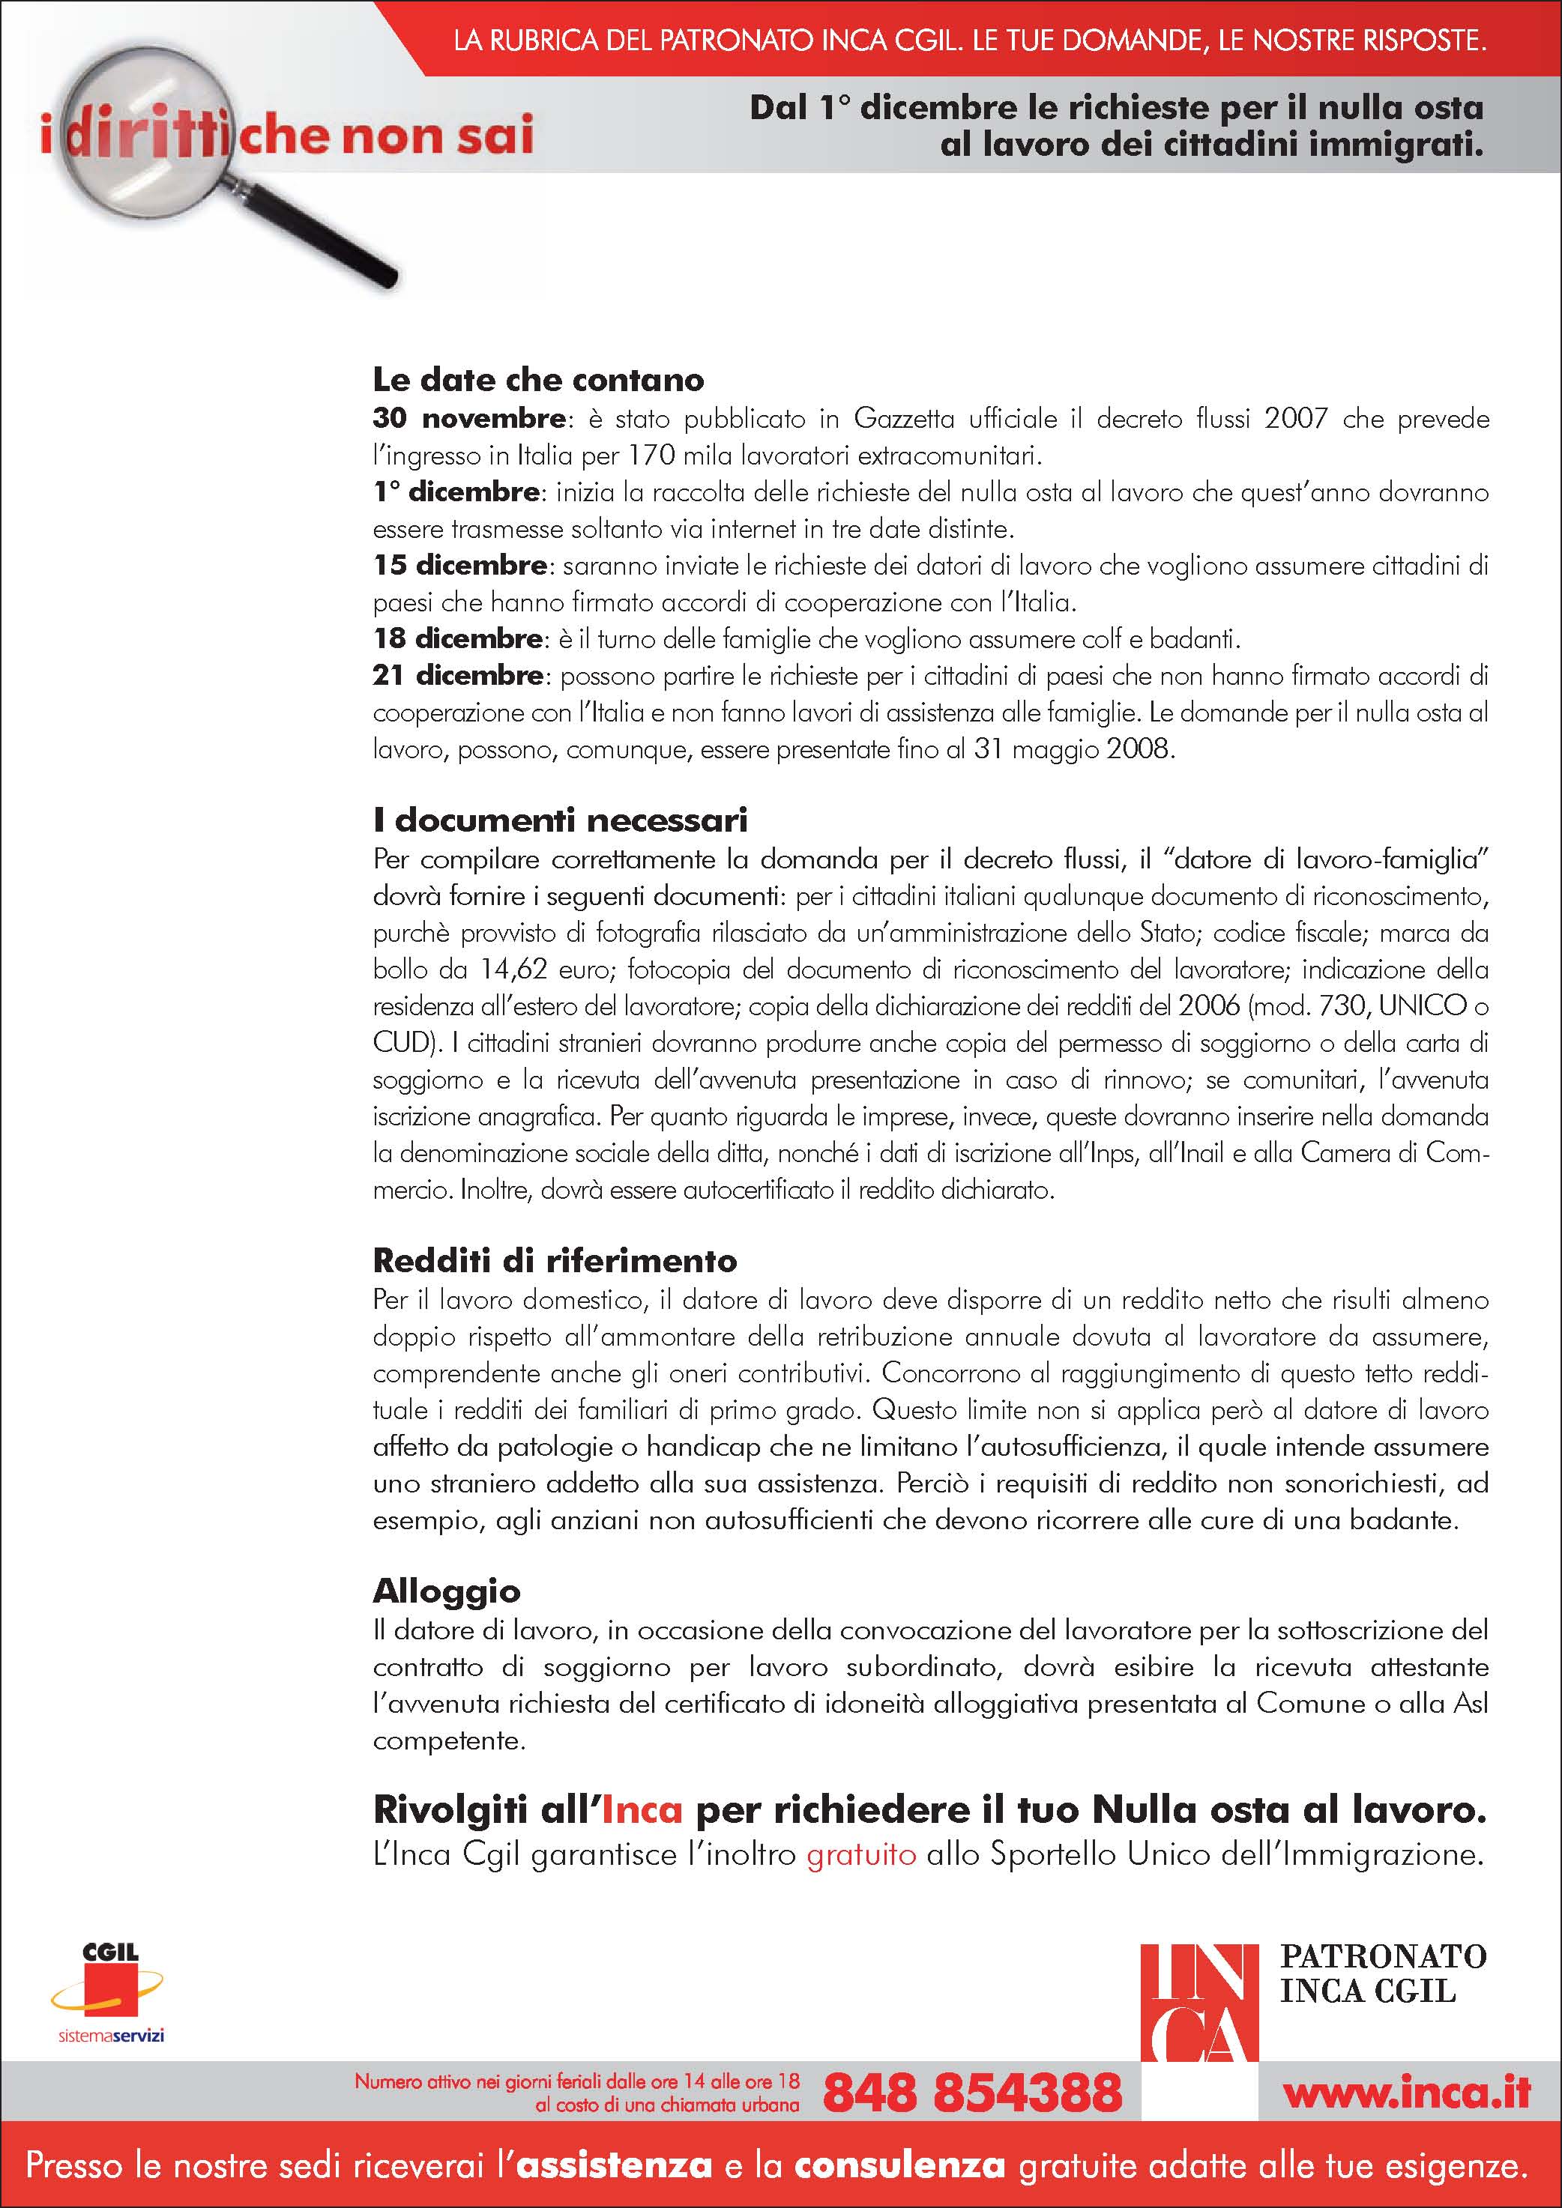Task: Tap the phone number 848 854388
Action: pyautogui.click(x=972, y=2093)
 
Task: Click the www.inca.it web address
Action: pyautogui.click(x=1406, y=2093)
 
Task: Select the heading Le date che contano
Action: pyautogui.click(x=537, y=380)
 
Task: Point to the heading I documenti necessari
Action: pyautogui.click(x=560, y=820)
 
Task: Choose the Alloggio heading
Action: pyautogui.click(x=446, y=1591)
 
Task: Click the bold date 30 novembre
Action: pyautogui.click(x=468, y=418)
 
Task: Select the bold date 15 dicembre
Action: pyautogui.click(x=459, y=566)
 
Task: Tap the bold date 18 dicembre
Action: pyautogui.click(x=458, y=638)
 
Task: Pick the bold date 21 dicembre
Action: pyautogui.click(x=458, y=675)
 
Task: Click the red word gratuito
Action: pyautogui.click(x=861, y=1854)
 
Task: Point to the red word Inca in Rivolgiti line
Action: pyautogui.click(x=642, y=1811)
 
